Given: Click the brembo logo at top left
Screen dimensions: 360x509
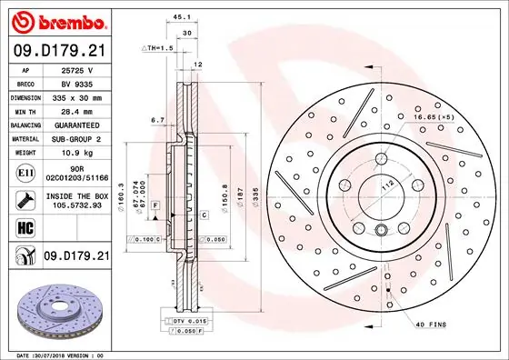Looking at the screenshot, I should (56, 21).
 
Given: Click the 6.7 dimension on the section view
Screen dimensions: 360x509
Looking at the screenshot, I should (156, 119).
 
